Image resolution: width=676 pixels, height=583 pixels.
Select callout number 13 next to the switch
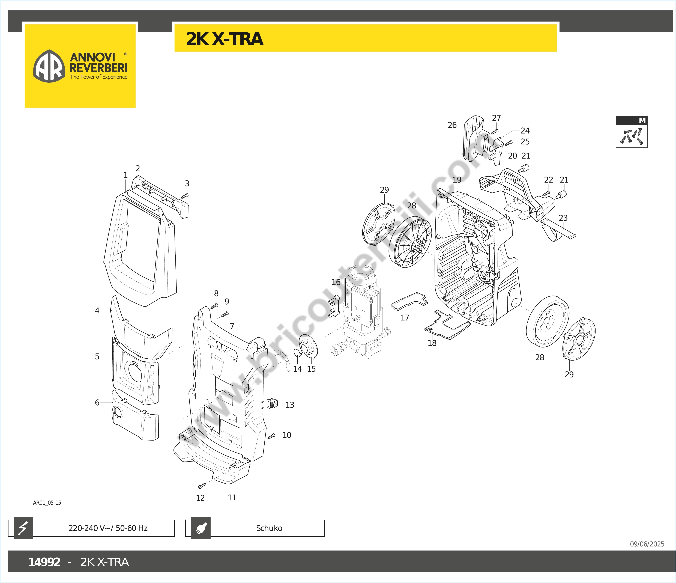click(290, 405)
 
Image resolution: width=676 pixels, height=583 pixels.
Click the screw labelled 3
click(185, 195)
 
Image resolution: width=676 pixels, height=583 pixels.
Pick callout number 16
click(336, 282)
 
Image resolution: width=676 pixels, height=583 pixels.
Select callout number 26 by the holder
click(452, 125)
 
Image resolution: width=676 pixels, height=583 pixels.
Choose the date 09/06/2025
click(647, 544)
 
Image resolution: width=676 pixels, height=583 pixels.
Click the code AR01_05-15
click(47, 503)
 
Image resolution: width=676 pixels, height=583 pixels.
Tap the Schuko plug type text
click(269, 528)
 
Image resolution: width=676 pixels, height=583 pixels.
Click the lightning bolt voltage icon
click(23, 528)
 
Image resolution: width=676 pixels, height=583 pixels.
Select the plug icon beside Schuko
click(201, 528)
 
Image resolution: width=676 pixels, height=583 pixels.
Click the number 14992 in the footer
click(44, 562)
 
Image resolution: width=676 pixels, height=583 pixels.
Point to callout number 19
click(457, 180)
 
